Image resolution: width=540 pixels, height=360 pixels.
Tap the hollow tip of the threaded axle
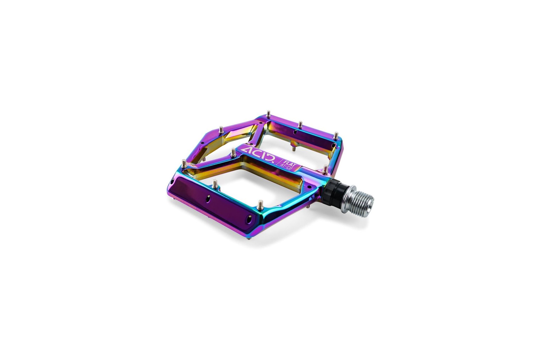(371, 202)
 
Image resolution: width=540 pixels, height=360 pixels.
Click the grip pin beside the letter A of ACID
(233, 152)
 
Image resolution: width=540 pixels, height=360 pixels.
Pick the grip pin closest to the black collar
(325, 169)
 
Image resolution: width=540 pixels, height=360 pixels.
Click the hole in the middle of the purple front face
(208, 199)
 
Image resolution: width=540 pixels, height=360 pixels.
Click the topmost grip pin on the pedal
(268, 114)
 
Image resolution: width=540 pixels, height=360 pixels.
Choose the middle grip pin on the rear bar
(300, 124)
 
